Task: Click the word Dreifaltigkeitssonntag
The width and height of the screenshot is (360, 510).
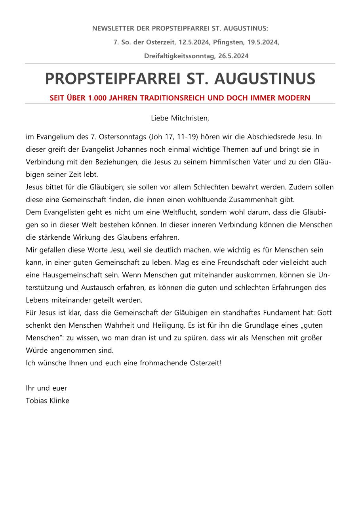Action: click(180, 56)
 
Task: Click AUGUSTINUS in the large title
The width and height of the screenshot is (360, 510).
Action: click(265, 79)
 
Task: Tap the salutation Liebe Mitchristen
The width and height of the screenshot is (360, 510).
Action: click(180, 118)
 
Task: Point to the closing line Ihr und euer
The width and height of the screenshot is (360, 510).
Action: click(46, 388)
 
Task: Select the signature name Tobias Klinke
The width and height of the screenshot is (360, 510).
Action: click(48, 401)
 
